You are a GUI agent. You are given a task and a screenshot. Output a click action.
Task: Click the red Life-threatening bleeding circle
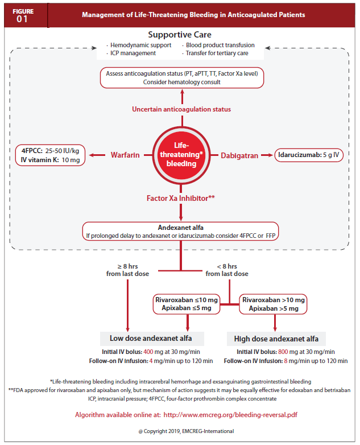(181, 154)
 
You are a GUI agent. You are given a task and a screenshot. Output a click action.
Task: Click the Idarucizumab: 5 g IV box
(309, 155)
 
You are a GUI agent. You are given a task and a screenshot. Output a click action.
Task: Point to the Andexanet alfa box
(181, 230)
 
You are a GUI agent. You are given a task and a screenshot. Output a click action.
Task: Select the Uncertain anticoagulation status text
(181, 109)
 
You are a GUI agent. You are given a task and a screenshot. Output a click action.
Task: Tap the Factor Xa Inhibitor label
(181, 198)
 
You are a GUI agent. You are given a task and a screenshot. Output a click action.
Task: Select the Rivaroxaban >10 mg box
(274, 304)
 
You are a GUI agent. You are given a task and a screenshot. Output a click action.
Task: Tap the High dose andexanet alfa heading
(276, 339)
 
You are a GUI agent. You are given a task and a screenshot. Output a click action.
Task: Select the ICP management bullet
(134, 53)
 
